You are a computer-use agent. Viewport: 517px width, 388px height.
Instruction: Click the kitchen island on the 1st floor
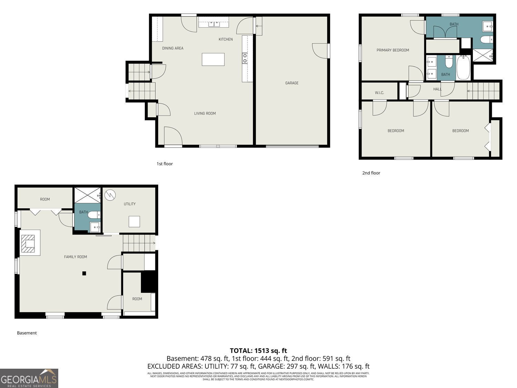[213, 59]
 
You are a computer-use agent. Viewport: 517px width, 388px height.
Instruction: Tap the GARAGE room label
[292, 83]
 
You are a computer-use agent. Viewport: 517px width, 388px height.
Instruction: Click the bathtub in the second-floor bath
[463, 68]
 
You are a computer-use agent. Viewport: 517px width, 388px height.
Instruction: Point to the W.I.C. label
[379, 93]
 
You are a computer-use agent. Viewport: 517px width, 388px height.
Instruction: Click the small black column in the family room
[84, 273]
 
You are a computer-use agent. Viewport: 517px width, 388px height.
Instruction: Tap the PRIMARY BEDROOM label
[393, 50]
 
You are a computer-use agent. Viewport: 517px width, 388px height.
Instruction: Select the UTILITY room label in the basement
[130, 204]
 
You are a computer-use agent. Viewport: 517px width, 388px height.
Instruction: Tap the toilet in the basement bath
[93, 215]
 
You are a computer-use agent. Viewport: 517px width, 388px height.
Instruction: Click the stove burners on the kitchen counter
[245, 58]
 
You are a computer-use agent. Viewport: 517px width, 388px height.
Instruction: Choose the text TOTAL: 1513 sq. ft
[258, 351]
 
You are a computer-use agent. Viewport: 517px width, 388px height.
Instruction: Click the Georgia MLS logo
[29, 378]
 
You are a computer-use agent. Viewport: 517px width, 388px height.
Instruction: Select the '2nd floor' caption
[371, 173]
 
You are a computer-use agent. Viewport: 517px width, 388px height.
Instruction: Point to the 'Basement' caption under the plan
[27, 333]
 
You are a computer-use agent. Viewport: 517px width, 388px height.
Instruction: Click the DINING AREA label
[173, 48]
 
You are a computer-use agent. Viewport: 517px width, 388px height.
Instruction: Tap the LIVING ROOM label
[205, 113]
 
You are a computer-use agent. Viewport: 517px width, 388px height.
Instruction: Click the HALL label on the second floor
[437, 89]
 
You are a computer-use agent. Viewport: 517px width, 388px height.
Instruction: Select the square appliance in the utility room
[134, 221]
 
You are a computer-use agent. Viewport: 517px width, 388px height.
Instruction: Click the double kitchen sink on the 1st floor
[214, 24]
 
